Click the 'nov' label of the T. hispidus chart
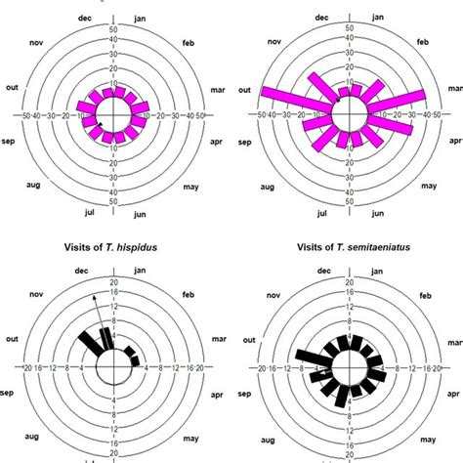tap(38, 291)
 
